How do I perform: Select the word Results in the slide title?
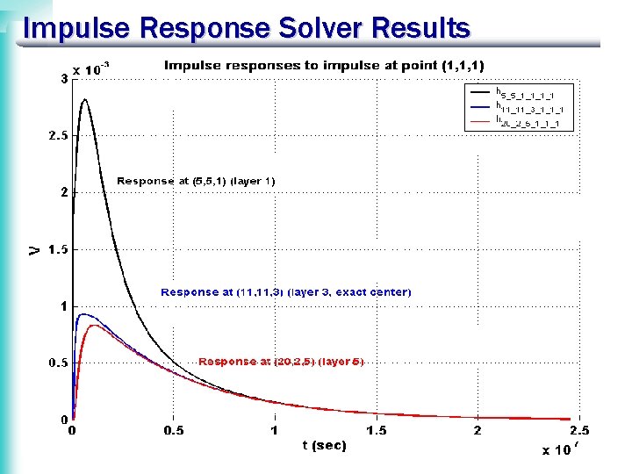(420, 28)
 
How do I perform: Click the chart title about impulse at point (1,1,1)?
(324, 65)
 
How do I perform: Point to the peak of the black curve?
(85, 100)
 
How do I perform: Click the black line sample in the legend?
(479, 90)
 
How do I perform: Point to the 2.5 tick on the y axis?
(57, 136)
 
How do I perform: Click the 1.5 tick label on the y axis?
(57, 249)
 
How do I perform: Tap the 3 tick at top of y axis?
(63, 79)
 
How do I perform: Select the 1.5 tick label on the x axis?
(376, 430)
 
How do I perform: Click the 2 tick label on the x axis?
(477, 430)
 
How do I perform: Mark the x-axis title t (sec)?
(324, 446)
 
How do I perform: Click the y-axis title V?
(33, 249)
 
